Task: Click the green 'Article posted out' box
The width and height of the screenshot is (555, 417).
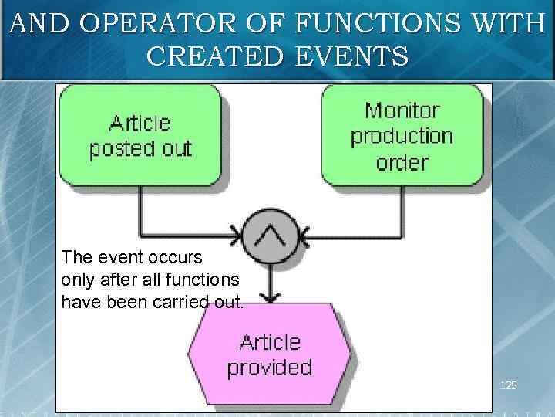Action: coord(140,135)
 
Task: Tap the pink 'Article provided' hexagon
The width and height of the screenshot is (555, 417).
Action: coord(269,354)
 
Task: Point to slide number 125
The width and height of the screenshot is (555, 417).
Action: coord(509,385)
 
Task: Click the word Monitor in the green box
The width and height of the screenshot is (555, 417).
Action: coord(401,110)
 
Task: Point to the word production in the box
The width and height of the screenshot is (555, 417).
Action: coord(401,137)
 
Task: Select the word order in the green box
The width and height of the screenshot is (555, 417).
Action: coord(401,162)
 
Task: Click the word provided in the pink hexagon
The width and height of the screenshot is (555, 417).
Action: coord(269,367)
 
